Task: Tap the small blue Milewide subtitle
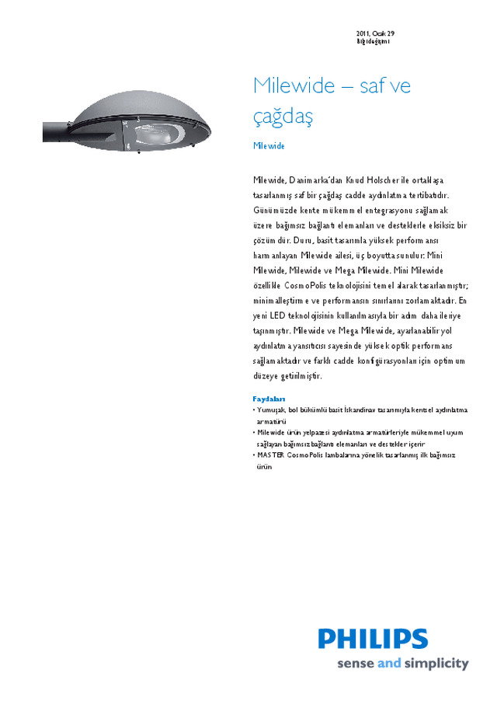(269, 146)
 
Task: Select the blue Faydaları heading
(269, 399)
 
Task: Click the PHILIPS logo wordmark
(373, 639)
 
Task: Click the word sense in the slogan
(355, 664)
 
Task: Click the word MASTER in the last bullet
(271, 455)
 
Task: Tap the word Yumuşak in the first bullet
(271, 410)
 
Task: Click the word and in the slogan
(388, 664)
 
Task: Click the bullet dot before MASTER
(254, 455)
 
